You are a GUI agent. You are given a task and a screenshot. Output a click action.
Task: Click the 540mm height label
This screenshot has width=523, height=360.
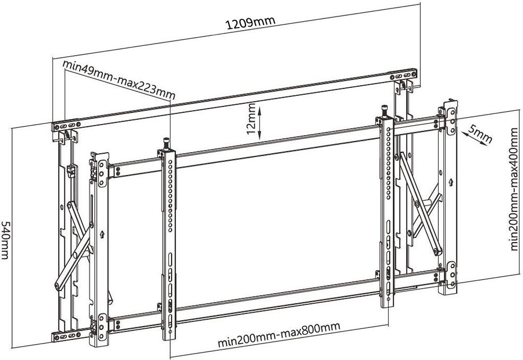tap(6, 240)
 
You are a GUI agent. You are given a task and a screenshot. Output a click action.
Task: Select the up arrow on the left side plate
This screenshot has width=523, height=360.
tap(102, 235)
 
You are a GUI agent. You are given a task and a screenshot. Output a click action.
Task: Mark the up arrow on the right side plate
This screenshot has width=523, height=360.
tap(450, 182)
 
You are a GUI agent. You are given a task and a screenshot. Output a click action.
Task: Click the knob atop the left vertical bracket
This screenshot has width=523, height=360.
tap(165, 142)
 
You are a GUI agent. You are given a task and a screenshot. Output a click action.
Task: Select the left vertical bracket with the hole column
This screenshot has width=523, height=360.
tap(168, 245)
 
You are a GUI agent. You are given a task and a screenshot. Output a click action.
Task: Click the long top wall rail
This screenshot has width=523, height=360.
tap(235, 97)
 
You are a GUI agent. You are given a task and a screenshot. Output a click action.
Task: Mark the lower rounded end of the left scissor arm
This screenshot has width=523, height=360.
tap(57, 284)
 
